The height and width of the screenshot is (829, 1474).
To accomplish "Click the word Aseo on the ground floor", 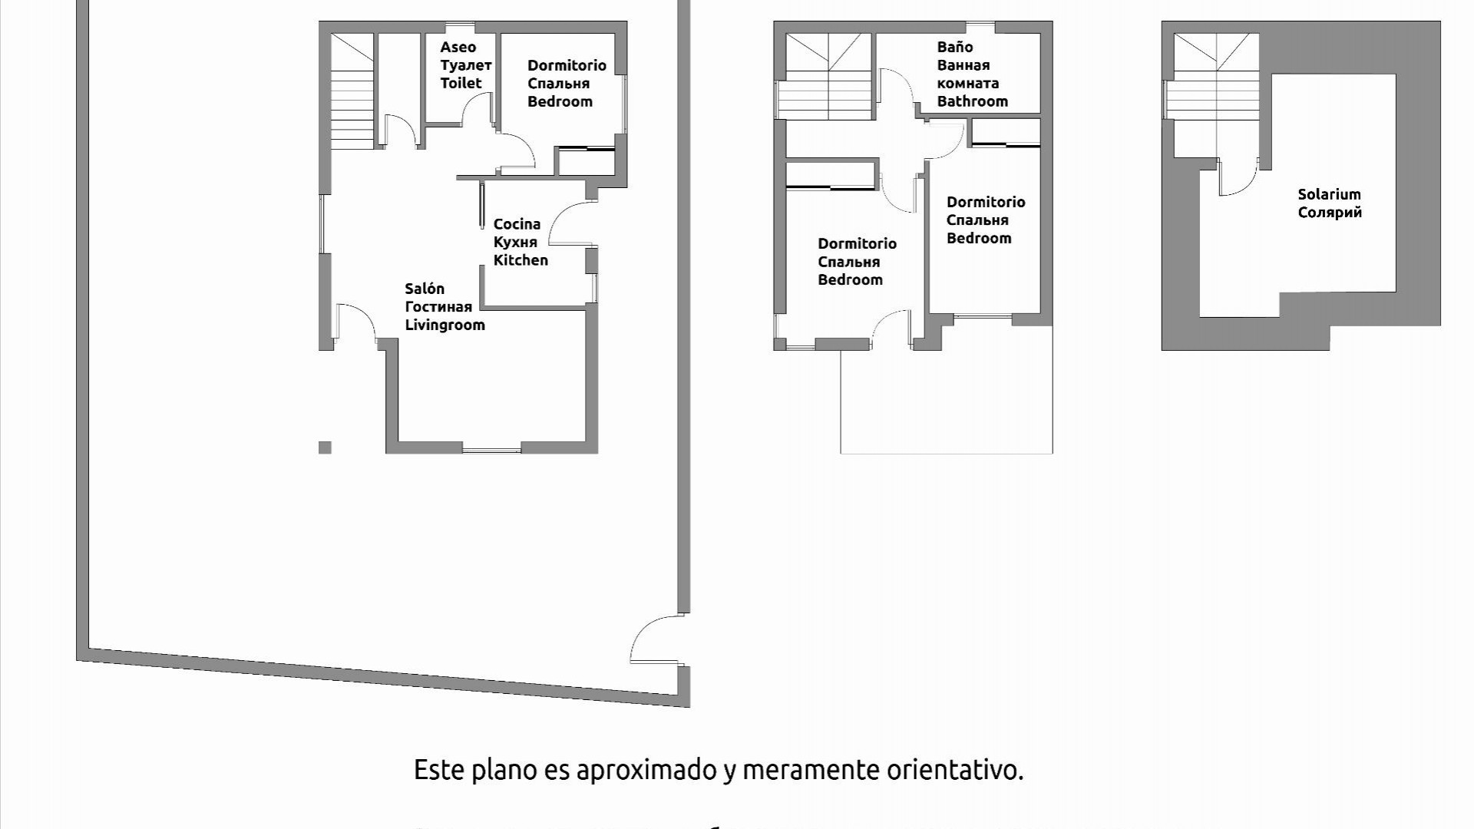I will [x=458, y=48].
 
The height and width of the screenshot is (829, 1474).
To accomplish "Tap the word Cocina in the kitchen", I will [x=517, y=224].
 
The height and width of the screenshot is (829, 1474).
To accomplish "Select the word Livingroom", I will [x=445, y=325].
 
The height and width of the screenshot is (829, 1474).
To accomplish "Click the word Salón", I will [x=425, y=289].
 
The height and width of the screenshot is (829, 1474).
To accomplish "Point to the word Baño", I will [x=954, y=48].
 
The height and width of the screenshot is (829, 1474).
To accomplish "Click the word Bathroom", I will [x=972, y=101].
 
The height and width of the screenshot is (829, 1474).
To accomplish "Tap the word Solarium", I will [x=1329, y=195].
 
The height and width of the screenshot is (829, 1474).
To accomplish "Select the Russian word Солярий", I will [x=1330, y=213].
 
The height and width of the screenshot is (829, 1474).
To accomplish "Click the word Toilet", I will [x=461, y=83].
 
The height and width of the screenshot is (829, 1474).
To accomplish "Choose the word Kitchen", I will [x=521, y=260].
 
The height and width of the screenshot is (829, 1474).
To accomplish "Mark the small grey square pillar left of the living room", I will [x=325, y=448].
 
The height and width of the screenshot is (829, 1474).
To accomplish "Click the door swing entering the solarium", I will [x=1238, y=178].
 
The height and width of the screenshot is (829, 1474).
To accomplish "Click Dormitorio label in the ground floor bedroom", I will [x=567, y=66].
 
